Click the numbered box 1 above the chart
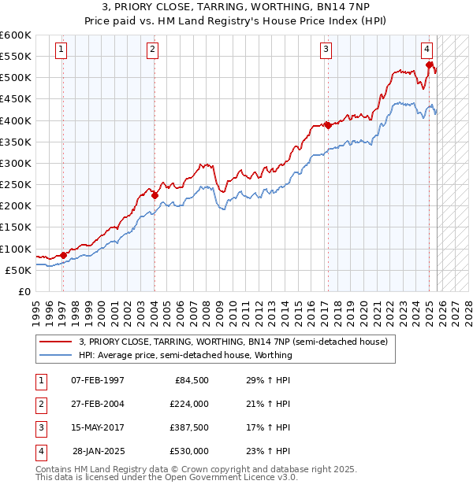[x=61, y=50]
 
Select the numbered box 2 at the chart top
[x=152, y=50]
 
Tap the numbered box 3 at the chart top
[x=326, y=50]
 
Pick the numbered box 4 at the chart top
[x=426, y=50]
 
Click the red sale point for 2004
[x=155, y=195]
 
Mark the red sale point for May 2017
[x=327, y=125]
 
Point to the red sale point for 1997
[x=63, y=254]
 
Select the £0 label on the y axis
[x=23, y=291]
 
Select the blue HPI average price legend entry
[x=185, y=355]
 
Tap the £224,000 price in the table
[x=189, y=404]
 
